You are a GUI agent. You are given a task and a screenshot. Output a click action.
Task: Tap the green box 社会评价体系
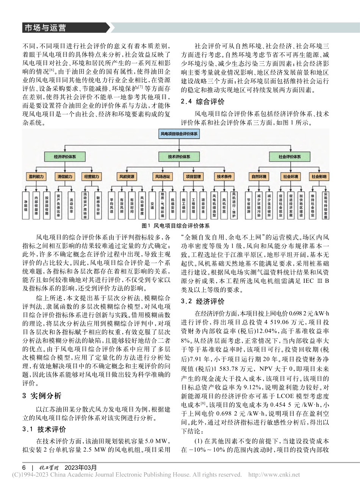pyautogui.click(x=290, y=157)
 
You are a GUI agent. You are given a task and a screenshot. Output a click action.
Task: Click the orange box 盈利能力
pyautogui.click(x=36, y=177)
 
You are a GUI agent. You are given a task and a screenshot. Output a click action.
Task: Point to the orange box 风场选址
pyautogui.click(x=163, y=177)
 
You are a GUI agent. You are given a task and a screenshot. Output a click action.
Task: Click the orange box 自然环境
pyautogui.click(x=258, y=177)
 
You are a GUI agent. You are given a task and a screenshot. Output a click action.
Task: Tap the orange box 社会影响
pyautogui.click(x=319, y=177)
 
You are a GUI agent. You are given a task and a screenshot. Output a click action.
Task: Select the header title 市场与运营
pyautogui.click(x=45, y=28)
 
